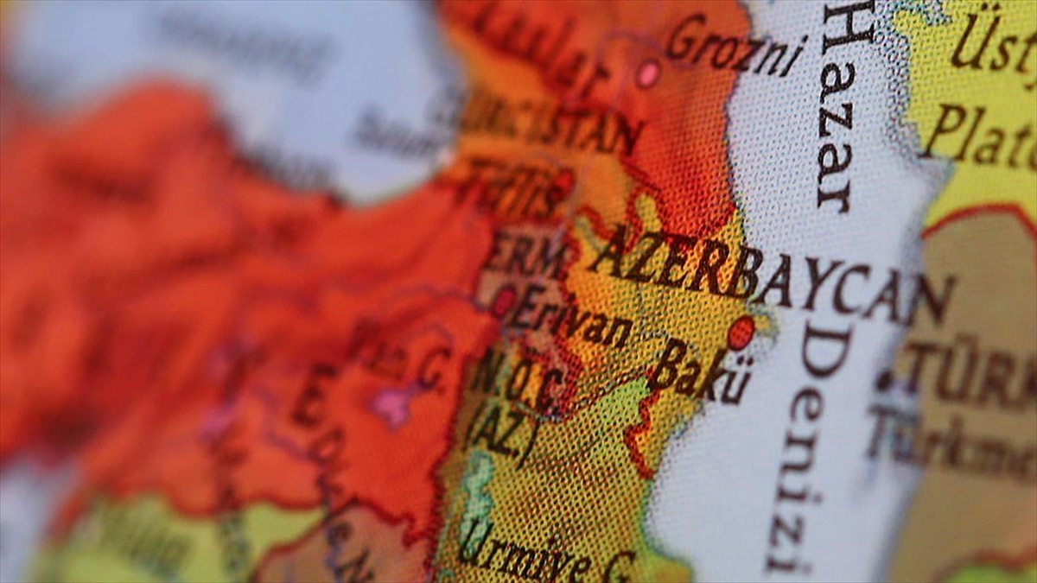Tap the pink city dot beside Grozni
(648, 74)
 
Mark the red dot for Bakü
(741, 333)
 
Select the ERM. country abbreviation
(528, 256)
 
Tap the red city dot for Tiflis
(563, 182)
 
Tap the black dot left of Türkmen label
(884, 381)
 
